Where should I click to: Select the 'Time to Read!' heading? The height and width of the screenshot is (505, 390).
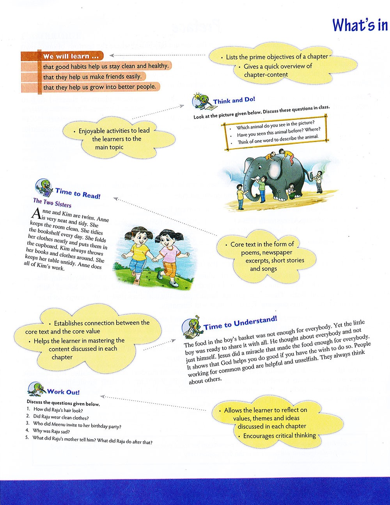coord(78,193)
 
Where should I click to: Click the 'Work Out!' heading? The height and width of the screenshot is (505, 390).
coord(63,392)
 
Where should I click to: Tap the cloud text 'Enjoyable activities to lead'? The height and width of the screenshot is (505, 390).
coord(114,131)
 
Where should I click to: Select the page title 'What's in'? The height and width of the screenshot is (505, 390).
coord(360,25)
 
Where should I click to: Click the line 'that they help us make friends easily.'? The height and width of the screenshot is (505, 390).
coord(92,77)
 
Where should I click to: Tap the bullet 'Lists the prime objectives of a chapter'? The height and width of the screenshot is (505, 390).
coord(277,57)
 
